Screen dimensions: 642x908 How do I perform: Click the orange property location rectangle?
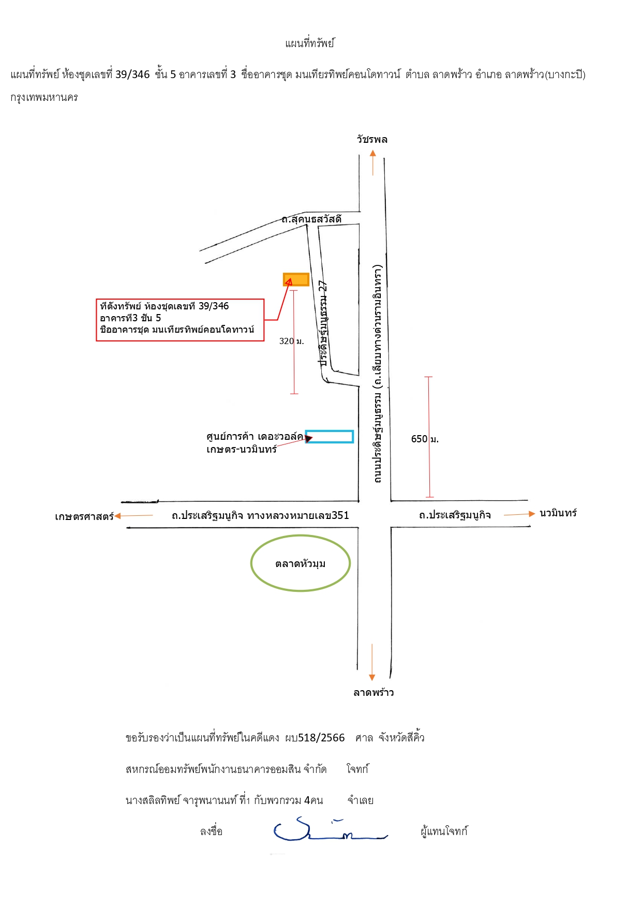[296, 279]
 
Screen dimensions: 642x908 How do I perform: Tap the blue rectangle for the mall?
[330, 437]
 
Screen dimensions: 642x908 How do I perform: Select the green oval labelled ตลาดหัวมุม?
[301, 563]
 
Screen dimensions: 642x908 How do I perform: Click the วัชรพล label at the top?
[372, 139]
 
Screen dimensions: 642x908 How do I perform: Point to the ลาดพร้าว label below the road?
[374, 692]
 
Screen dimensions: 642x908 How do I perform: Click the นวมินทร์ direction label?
[558, 513]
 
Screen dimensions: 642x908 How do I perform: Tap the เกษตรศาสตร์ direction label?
[84, 516]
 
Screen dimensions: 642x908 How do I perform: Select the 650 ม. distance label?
[425, 439]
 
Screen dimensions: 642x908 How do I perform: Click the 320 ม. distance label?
[292, 341]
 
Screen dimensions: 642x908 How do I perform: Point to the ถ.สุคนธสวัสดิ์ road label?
[311, 219]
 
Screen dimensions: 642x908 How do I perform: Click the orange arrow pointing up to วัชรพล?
[372, 162]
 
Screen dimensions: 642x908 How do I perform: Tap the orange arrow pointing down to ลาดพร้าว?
[371, 662]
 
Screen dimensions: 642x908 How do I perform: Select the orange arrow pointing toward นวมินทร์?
[519, 514]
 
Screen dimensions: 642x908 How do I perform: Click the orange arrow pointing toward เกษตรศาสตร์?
[133, 516]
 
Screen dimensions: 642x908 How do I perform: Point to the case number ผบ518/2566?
[315, 738]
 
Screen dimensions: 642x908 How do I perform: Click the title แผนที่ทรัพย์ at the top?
[310, 43]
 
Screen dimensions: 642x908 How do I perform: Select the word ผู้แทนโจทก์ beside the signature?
[444, 831]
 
